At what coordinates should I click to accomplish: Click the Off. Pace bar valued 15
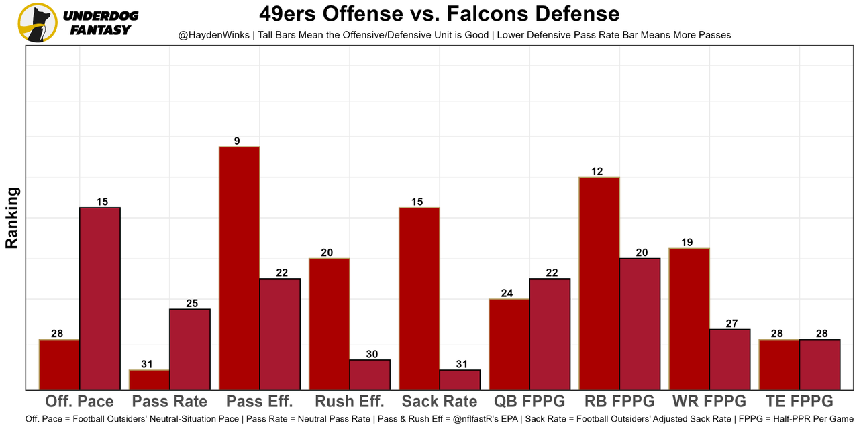click(x=100, y=298)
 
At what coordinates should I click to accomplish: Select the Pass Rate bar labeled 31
click(x=149, y=379)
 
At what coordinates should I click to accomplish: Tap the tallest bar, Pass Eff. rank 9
click(x=239, y=268)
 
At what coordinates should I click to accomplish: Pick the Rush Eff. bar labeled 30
click(x=370, y=374)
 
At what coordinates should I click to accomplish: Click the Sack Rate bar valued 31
click(x=460, y=379)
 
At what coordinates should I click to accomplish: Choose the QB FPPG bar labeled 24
click(x=509, y=344)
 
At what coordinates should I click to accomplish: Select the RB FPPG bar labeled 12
click(x=599, y=283)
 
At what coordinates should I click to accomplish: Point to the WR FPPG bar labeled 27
click(x=729, y=359)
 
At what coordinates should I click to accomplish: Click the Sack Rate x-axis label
click(x=440, y=402)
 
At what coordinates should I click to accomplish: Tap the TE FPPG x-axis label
click(x=799, y=402)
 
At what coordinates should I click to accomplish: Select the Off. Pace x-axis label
click(x=79, y=402)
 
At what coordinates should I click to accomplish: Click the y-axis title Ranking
click(x=12, y=218)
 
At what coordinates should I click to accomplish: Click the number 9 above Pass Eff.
click(x=237, y=141)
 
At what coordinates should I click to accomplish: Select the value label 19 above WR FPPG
click(x=687, y=243)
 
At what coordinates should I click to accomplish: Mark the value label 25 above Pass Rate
click(x=192, y=304)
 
